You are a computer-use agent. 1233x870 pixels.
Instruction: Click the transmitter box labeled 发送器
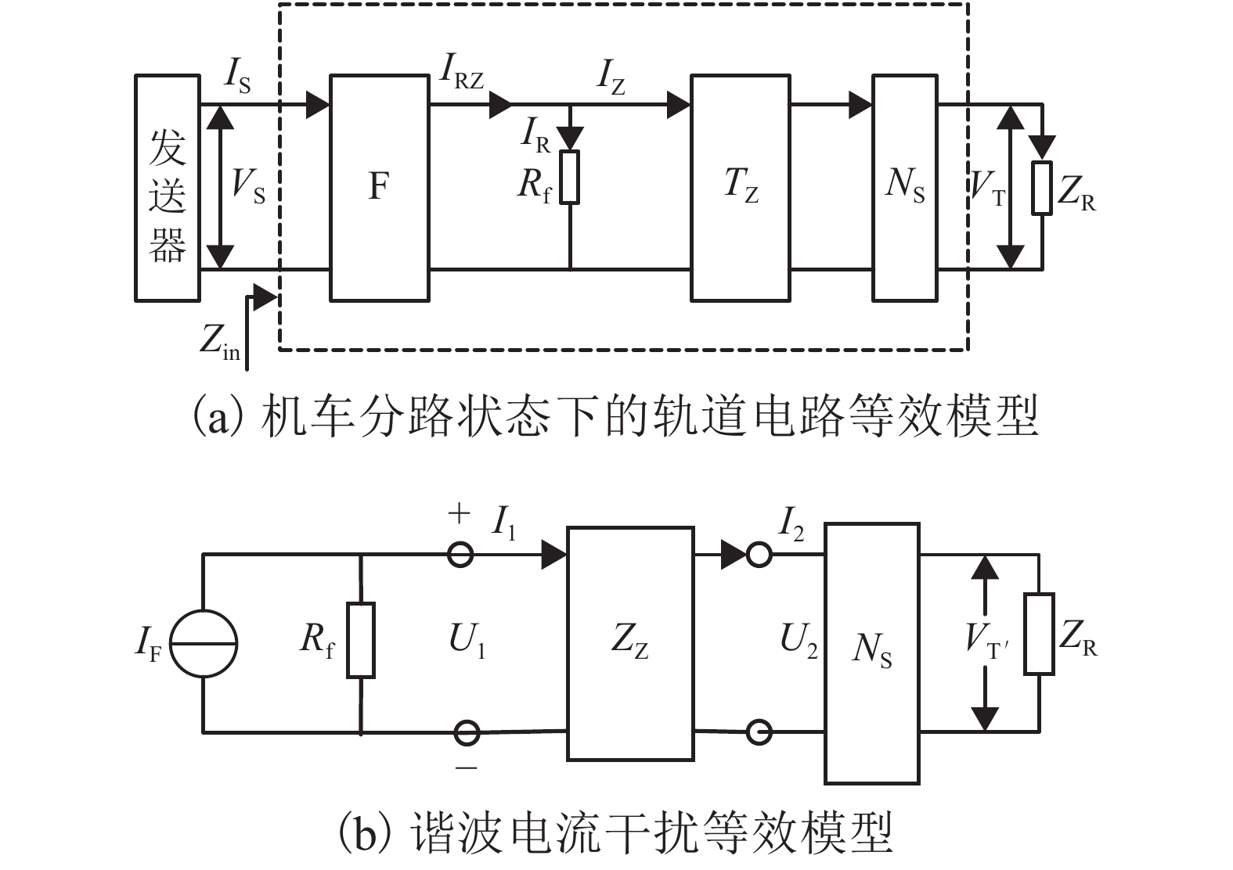167,188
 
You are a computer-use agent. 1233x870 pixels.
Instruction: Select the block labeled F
379,188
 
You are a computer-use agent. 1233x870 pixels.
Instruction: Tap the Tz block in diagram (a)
740,188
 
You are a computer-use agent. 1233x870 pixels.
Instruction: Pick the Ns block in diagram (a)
904,188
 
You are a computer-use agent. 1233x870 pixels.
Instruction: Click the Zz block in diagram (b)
629,643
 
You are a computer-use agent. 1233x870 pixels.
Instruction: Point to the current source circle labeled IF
204,643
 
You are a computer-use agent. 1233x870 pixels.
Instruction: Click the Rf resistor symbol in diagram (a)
570,178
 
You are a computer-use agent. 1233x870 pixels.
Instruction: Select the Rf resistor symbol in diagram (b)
361,639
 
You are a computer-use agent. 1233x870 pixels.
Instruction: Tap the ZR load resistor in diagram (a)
1041,188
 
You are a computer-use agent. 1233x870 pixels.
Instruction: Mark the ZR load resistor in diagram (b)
1039,634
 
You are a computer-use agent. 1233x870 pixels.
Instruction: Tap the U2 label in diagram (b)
799,642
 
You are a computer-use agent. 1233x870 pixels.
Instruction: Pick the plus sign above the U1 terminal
459,514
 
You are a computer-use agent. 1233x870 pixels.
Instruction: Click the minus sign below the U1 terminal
466,768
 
